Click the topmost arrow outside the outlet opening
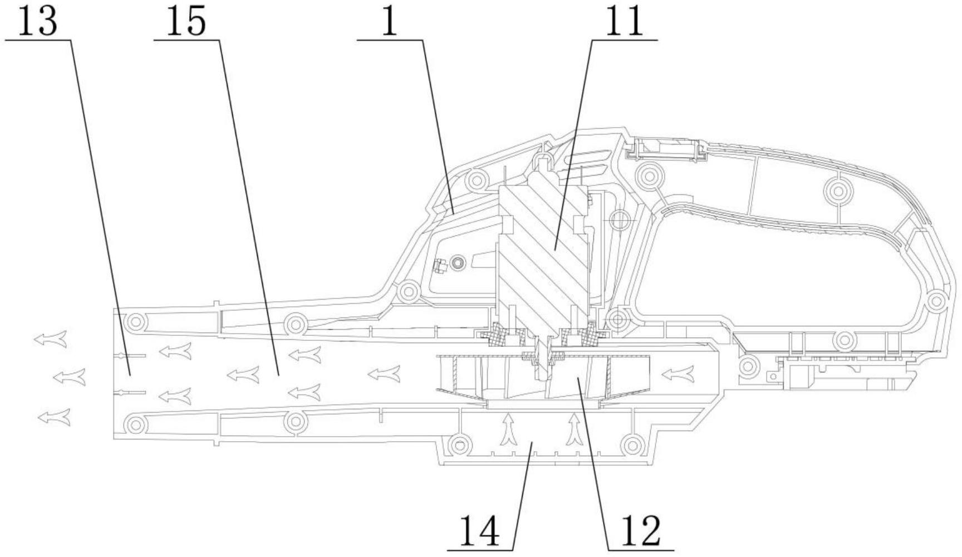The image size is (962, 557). tap(51, 339)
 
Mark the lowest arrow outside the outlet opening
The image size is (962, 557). tap(54, 417)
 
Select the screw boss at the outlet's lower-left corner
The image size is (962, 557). tap(135, 425)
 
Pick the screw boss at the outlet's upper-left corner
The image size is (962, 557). tap(135, 321)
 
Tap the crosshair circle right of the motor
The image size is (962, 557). tap(619, 219)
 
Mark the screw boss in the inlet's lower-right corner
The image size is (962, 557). tap(631, 445)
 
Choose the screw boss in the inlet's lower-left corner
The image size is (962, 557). tap(459, 445)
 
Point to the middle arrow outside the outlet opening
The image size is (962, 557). tap(70, 377)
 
